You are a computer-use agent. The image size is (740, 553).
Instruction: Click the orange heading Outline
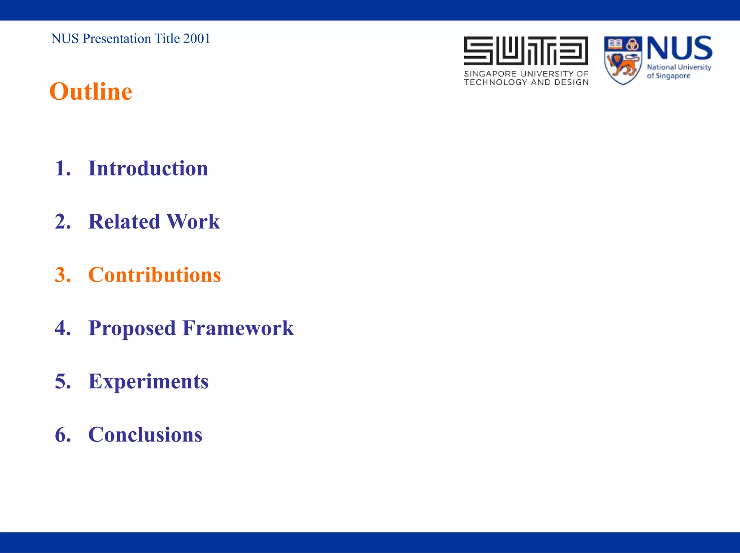tap(91, 91)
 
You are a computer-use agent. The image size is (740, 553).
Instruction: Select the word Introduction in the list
tap(148, 168)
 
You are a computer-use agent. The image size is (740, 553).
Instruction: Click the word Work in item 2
tap(193, 221)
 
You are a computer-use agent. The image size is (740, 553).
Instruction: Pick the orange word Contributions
tap(154, 275)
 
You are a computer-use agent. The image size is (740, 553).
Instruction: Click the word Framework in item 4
tap(238, 328)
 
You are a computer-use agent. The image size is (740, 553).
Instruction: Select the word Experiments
tap(148, 382)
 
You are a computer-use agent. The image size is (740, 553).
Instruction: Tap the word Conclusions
tap(145, 434)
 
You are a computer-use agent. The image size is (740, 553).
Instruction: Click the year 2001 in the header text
tap(197, 39)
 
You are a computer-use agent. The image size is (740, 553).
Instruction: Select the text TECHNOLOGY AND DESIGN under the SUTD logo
tap(526, 82)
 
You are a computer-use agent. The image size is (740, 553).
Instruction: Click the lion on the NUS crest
tap(622, 65)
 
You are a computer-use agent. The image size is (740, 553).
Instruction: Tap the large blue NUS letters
tap(679, 48)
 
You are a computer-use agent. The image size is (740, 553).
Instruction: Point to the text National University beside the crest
tap(679, 67)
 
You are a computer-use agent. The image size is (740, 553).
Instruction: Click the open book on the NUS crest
tap(615, 44)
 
